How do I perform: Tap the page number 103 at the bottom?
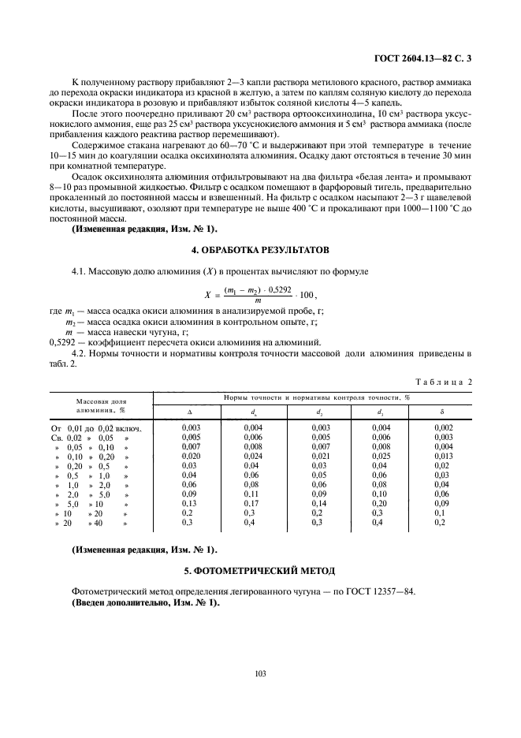click(260, 673)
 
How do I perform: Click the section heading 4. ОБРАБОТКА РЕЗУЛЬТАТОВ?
click(260, 249)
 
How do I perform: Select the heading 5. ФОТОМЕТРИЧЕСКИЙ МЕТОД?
click(260, 570)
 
